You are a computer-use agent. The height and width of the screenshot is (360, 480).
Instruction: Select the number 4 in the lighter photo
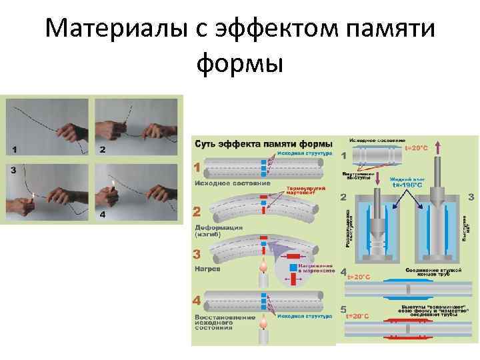pos(102,215)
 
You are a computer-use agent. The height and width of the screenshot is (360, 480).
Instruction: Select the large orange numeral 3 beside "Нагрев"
pos(197,254)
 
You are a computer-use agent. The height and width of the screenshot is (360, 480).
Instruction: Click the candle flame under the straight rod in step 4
pos(264,323)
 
